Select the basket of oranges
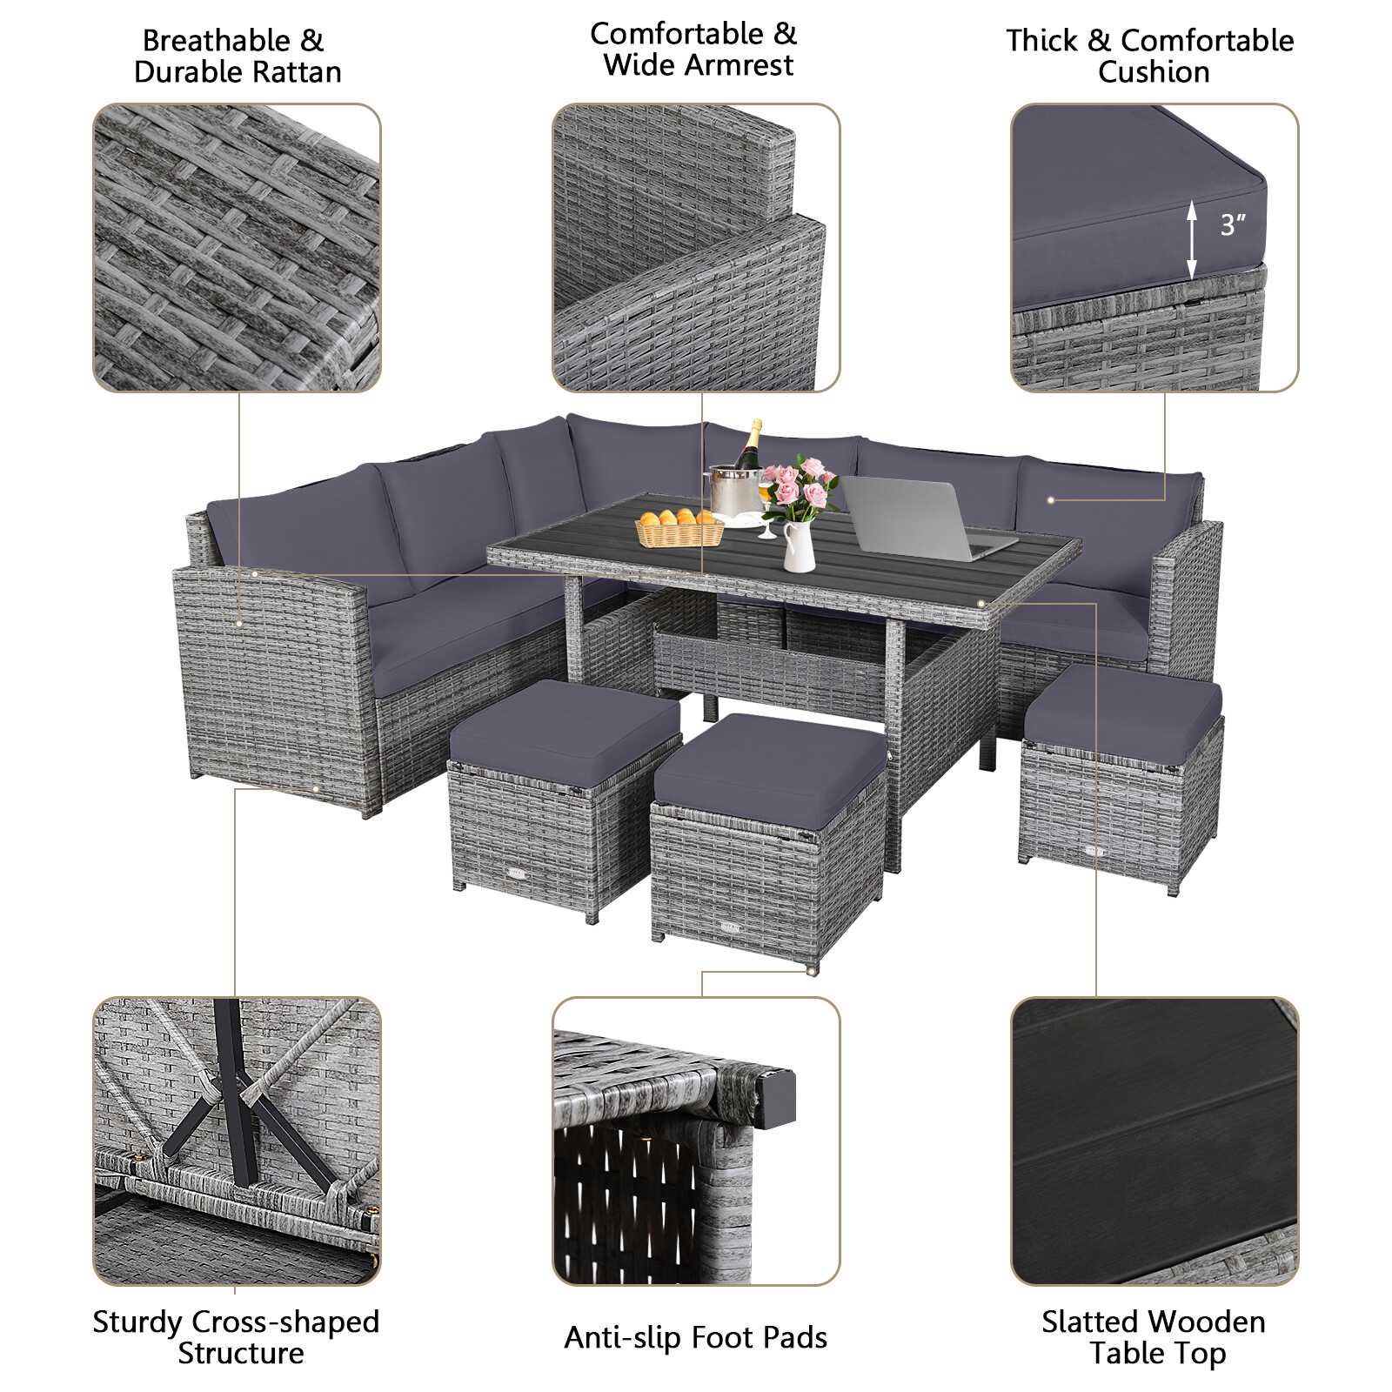679,527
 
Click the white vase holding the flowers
799,548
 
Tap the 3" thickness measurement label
1232,225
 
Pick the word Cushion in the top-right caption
1153,72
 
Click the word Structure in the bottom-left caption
241,1353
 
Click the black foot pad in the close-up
777,1099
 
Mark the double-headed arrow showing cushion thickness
1191,240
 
